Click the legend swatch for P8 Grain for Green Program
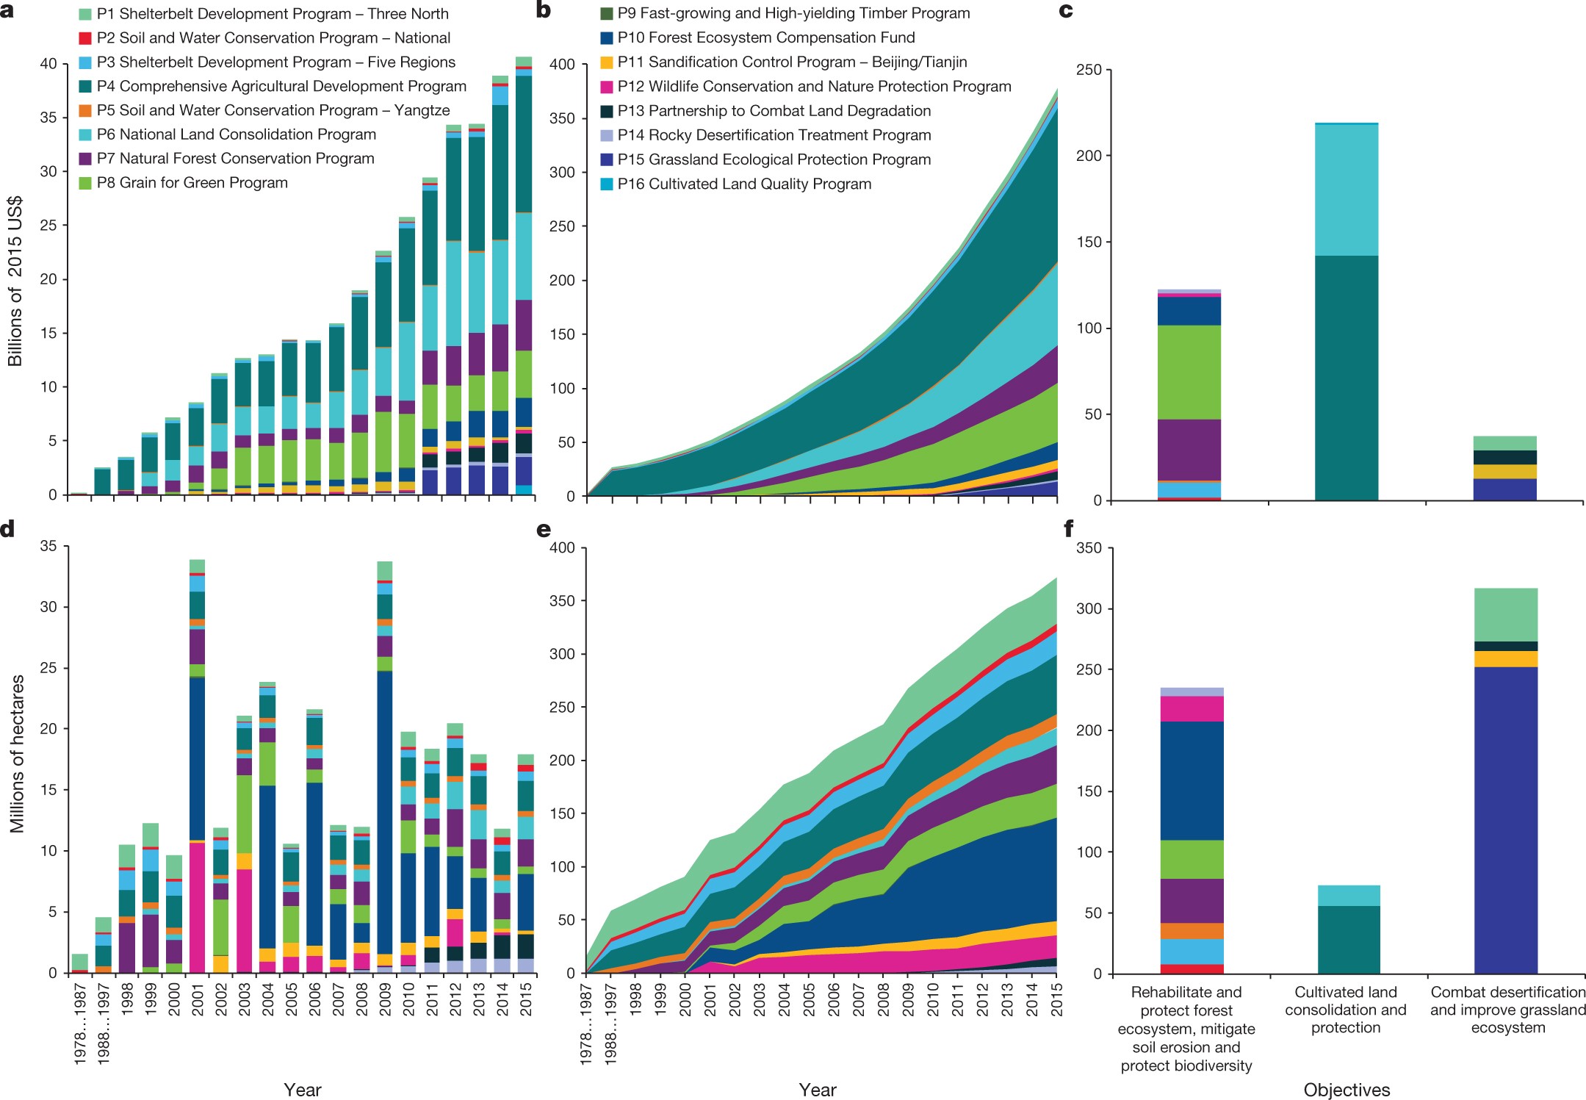[85, 183]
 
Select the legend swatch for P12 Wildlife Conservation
[606, 87]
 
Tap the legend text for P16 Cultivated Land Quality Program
[744, 184]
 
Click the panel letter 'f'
[1068, 528]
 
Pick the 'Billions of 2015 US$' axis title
[15, 281]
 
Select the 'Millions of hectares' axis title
[17, 754]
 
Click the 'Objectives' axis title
[1347, 1090]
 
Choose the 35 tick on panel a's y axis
[48, 118]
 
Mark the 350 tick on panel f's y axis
[1089, 548]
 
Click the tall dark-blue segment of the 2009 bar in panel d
[385, 808]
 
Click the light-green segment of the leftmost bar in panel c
[1189, 372]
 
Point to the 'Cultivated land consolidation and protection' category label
[1346, 1010]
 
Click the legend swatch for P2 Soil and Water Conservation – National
[85, 38]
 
